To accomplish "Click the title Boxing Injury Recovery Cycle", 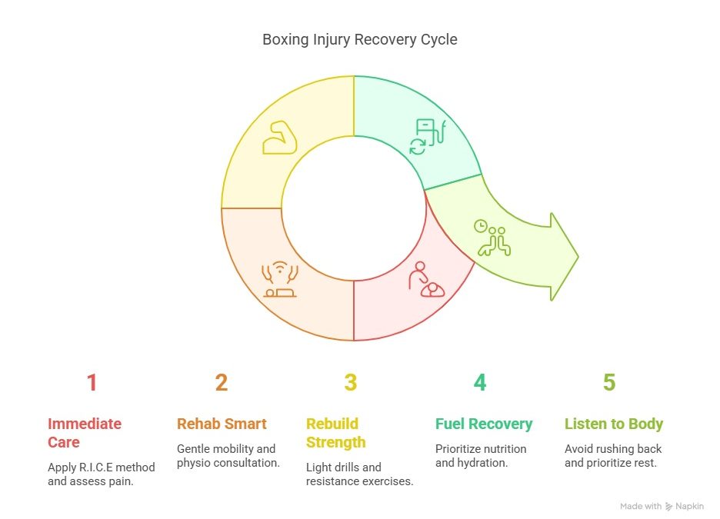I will [360, 39].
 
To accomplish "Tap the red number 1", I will [92, 383].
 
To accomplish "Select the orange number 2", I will [222, 383].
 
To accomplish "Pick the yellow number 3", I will [351, 383].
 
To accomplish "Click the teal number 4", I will [480, 383].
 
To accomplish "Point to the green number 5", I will [609, 383].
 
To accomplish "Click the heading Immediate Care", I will [85, 433].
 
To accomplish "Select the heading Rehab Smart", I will [222, 424].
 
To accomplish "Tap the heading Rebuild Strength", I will [335, 433].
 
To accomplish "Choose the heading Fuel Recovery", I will [484, 424].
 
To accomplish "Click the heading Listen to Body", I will [614, 424].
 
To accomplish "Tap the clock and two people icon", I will [493, 237].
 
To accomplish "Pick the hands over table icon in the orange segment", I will [279, 281].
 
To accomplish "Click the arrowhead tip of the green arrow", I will [576, 256].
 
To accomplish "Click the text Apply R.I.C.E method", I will [102, 467].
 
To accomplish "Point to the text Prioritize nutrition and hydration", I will [481, 456].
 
